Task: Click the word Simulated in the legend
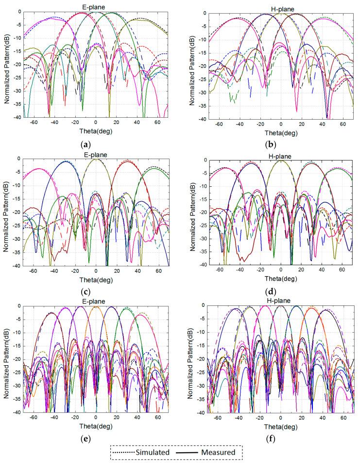tap(149, 452)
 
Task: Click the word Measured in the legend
tap(219, 452)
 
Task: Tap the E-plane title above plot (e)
tap(95, 301)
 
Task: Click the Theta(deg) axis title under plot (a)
tap(95, 131)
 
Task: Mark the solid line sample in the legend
tap(190, 452)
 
